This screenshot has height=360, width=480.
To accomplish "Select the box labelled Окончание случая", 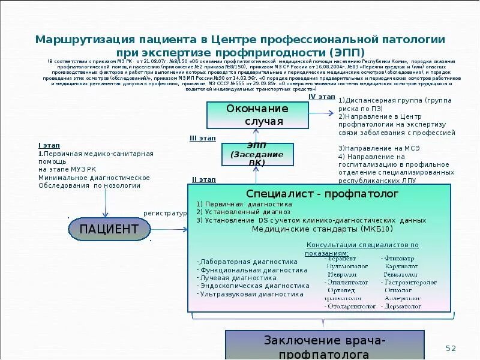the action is (x=257, y=115).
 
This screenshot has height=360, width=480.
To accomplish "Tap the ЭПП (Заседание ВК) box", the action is (x=257, y=154).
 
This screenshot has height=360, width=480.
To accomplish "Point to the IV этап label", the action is (x=322, y=97).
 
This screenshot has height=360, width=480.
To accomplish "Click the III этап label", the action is (x=202, y=138).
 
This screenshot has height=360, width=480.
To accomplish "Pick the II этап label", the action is (x=203, y=179).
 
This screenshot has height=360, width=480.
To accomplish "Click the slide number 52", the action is (x=451, y=348).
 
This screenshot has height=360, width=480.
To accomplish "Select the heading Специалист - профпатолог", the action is (x=322, y=194).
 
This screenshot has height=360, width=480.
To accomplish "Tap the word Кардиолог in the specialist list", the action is (x=401, y=266).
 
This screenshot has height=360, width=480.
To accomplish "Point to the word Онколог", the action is (x=398, y=290).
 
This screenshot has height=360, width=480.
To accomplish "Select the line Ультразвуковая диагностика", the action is (x=251, y=295).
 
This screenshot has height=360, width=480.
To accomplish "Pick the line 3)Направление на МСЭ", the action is (x=371, y=148).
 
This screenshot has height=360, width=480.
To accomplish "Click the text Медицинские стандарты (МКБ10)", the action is (x=322, y=229).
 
